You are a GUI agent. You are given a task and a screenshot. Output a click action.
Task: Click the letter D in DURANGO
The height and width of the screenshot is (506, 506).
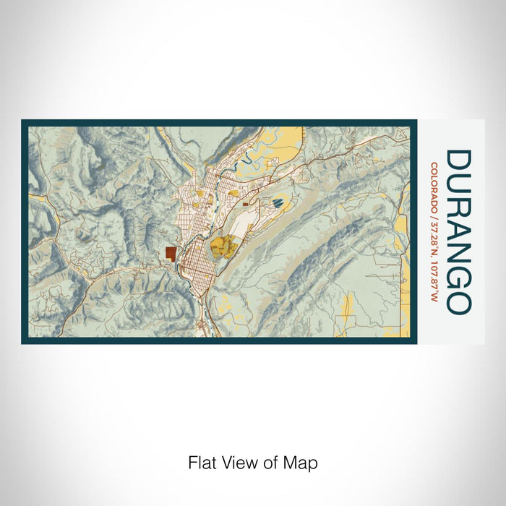460,161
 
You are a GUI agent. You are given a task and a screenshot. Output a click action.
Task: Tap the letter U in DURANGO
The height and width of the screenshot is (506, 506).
460,186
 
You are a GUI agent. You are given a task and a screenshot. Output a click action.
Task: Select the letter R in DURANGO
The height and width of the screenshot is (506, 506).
460,210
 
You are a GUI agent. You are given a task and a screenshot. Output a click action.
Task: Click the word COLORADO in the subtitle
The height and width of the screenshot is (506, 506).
434,187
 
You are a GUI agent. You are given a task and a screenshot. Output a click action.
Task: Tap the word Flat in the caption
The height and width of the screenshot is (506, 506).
201,463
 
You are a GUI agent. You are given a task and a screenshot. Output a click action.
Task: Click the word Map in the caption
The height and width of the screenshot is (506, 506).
303,463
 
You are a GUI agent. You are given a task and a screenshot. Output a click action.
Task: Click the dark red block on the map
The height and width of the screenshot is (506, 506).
170,253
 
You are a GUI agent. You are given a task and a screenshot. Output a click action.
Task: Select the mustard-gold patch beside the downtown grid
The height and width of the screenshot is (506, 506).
224,247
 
